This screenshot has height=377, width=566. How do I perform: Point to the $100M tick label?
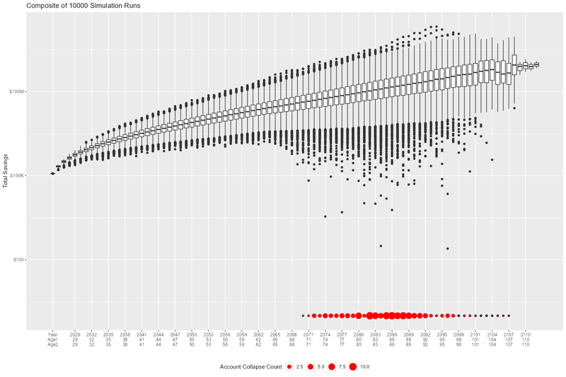[x=17, y=91]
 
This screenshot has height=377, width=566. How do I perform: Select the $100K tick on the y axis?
[x=17, y=175]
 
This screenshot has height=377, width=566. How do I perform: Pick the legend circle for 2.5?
[x=289, y=366]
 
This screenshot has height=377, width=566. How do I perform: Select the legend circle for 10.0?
[x=354, y=366]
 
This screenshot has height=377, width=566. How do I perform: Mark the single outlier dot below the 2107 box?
[x=514, y=108]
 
